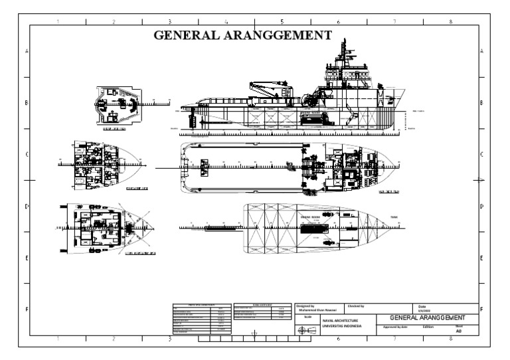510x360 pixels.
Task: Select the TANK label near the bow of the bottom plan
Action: coord(394,217)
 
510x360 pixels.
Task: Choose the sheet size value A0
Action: coord(458,330)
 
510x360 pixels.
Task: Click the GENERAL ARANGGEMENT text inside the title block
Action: coord(426,318)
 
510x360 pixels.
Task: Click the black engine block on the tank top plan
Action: coord(311,229)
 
